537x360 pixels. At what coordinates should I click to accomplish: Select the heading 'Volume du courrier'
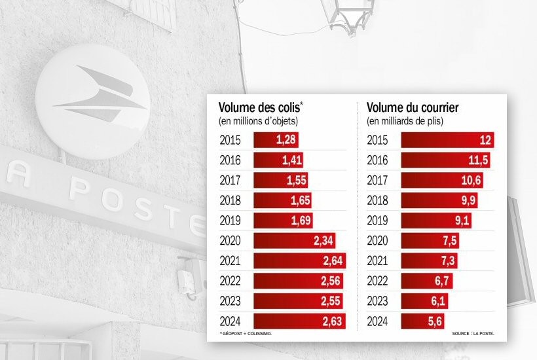tap(412, 108)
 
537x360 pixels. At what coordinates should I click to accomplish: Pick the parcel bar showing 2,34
tap(295, 242)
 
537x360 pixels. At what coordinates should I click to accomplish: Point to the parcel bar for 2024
tap(299, 322)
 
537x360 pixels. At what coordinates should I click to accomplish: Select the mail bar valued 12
tap(447, 140)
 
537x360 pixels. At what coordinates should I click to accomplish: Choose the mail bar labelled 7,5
tap(430, 242)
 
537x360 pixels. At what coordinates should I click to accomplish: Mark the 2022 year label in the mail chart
tap(377, 282)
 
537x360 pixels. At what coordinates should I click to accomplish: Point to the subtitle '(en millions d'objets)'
tap(258, 121)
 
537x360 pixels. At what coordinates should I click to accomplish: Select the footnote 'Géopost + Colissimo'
tap(246, 334)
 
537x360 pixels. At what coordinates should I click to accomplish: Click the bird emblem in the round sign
tap(99, 96)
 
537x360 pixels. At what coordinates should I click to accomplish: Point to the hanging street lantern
tap(351, 16)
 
